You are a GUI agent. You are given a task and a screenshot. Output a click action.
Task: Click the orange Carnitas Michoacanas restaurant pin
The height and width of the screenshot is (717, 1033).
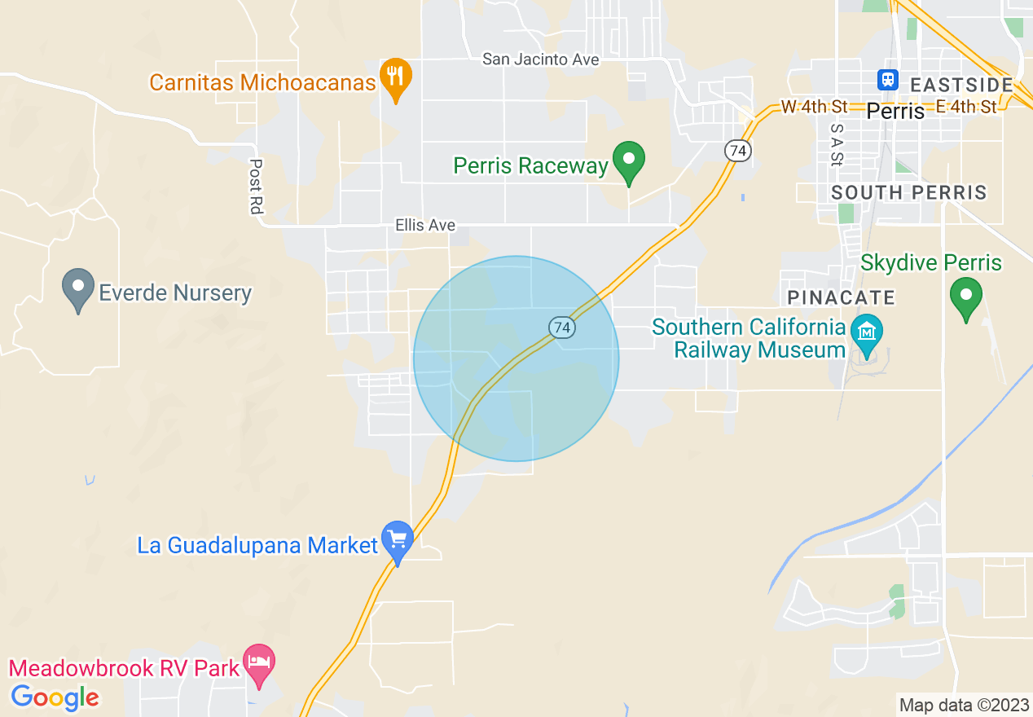coord(395,78)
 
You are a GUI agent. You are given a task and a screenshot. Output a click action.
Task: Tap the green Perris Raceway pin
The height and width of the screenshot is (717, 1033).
coord(628,161)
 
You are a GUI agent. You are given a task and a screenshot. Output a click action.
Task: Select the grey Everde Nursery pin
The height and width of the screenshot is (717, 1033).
coord(78,288)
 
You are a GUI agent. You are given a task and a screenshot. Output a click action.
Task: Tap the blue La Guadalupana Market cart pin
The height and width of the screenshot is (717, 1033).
coord(398,541)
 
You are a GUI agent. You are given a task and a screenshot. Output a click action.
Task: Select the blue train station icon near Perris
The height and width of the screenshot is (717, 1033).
coord(887,80)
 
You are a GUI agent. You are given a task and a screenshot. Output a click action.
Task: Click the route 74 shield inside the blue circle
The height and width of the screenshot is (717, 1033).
coord(560,328)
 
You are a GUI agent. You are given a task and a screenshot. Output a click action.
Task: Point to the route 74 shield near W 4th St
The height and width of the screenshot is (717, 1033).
coord(737,151)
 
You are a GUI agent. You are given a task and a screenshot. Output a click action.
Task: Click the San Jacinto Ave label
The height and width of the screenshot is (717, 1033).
coord(540,59)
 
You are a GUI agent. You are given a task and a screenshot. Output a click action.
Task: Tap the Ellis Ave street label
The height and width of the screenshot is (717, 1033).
coord(425,225)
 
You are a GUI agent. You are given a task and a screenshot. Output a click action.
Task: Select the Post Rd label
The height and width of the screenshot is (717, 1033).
coord(256,187)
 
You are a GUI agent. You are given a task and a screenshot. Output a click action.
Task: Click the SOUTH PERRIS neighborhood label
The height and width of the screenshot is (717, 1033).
coord(909,193)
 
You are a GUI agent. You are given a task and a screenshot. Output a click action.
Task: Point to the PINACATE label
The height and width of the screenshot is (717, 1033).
coord(841,297)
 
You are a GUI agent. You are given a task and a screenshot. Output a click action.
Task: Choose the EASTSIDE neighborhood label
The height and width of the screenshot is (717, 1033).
coord(961,85)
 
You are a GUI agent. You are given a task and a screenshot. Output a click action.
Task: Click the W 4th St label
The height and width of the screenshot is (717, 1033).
coord(814,107)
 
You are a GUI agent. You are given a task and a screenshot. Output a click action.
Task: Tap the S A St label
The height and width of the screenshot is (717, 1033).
coord(836,144)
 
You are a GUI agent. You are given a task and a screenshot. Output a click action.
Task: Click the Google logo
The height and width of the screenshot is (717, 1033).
coord(55,697)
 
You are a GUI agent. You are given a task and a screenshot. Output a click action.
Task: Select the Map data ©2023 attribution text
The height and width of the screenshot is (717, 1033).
coord(963,705)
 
